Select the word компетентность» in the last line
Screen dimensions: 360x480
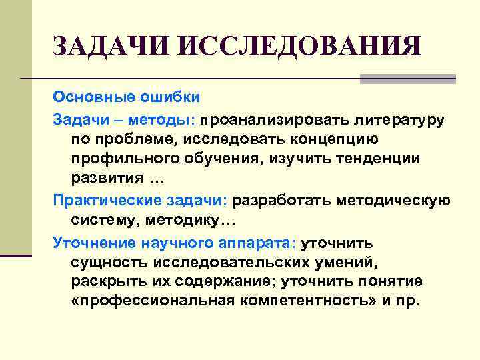pos(302,301)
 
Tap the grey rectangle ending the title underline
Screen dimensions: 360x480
pos(407,79)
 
